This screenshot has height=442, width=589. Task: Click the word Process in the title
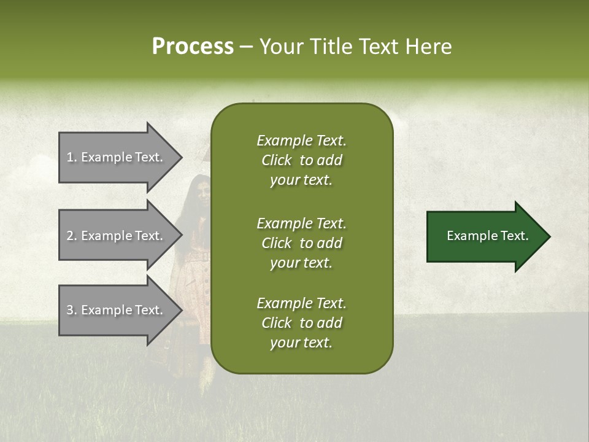point(193,47)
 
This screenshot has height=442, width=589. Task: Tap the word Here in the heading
point(427,47)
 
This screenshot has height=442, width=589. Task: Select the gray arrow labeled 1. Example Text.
point(117,157)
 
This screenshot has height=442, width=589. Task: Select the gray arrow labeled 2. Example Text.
point(117,236)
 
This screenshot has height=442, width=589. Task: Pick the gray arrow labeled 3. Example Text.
point(117,310)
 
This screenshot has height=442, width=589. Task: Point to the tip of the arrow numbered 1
point(181,157)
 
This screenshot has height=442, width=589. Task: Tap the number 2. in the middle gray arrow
point(72,236)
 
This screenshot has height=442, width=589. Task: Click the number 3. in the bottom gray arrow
point(72,310)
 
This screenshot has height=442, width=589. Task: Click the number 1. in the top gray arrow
point(71,157)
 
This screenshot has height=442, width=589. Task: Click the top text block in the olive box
point(301,160)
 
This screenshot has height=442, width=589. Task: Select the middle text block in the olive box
point(301,243)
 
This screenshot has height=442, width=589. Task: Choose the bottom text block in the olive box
point(301,323)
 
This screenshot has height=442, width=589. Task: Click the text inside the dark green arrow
point(487,236)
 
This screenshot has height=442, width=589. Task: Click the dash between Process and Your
point(247,47)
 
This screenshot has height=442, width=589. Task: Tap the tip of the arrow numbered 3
point(181,310)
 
